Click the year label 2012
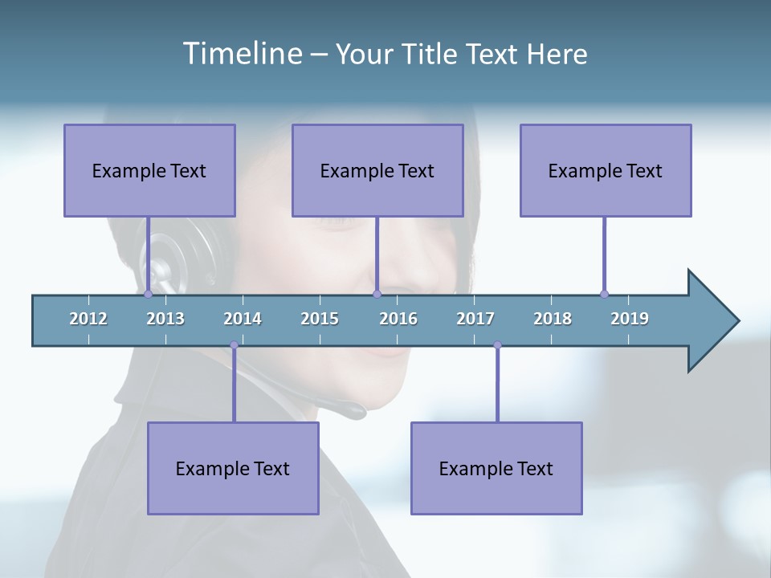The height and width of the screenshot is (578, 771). point(88,319)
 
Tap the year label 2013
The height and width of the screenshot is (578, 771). point(165,319)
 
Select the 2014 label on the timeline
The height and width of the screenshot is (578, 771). point(243,319)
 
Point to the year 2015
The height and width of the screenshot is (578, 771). point(320,319)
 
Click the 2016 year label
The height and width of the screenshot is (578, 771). point(398,319)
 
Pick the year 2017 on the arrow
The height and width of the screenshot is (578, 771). point(475,319)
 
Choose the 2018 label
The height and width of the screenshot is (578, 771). point(553,319)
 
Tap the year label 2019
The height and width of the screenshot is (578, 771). point(630,319)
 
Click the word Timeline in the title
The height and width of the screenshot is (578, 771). point(242,54)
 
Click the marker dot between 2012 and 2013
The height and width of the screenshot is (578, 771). point(148,294)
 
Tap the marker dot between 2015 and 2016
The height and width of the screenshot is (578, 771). point(377,294)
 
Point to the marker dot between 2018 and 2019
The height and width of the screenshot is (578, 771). point(604,294)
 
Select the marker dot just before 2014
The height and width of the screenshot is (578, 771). point(234,345)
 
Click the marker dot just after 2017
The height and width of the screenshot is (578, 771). point(497,345)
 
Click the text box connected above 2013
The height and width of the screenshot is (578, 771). point(149,170)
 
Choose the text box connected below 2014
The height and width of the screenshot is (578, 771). point(233,468)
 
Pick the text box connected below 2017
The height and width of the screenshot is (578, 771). point(496,468)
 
